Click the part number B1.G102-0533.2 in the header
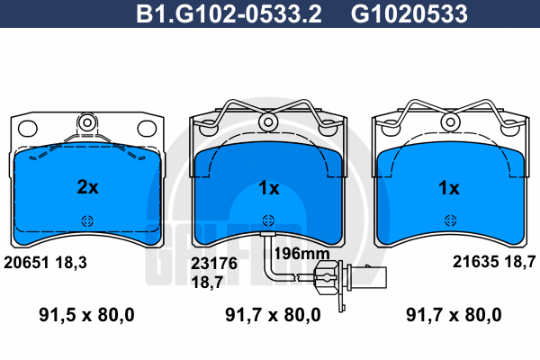(x=229, y=13)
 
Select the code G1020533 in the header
(x=409, y=13)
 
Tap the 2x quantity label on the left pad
(x=88, y=187)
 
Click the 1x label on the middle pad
(x=269, y=188)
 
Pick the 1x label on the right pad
(x=449, y=188)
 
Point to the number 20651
(x=26, y=263)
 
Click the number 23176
(x=214, y=264)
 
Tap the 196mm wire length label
(x=301, y=254)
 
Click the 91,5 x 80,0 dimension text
(x=86, y=315)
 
